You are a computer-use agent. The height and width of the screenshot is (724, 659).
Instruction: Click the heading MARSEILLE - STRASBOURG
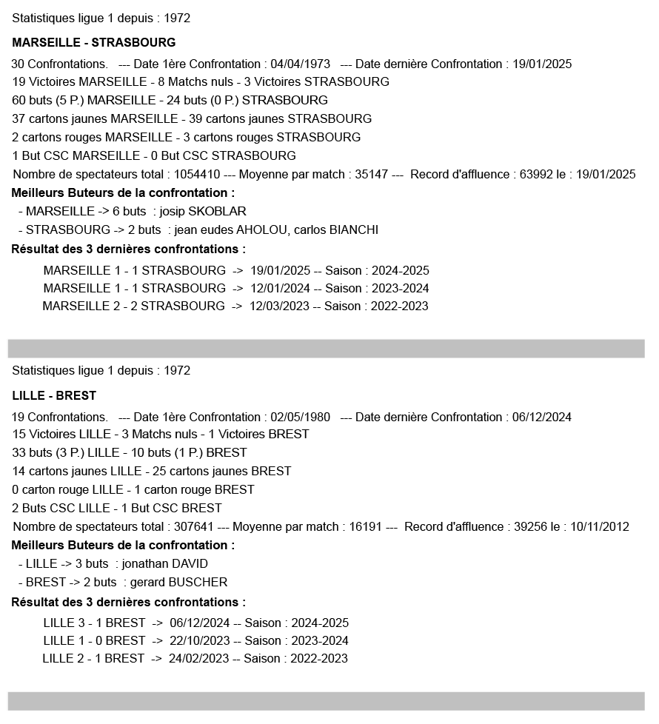94,42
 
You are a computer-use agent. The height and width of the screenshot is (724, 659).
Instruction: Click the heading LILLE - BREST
54,395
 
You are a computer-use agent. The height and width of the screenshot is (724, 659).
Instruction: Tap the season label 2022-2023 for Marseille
399,306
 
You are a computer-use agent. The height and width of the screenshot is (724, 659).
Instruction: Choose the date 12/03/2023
279,306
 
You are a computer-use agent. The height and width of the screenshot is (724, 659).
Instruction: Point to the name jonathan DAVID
165,563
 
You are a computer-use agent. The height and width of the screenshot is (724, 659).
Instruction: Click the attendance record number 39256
532,526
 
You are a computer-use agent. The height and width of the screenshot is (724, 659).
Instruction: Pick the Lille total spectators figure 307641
190,526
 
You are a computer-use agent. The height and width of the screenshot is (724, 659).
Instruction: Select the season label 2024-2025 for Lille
319,623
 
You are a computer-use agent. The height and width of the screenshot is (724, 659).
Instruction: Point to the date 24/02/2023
199,658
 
